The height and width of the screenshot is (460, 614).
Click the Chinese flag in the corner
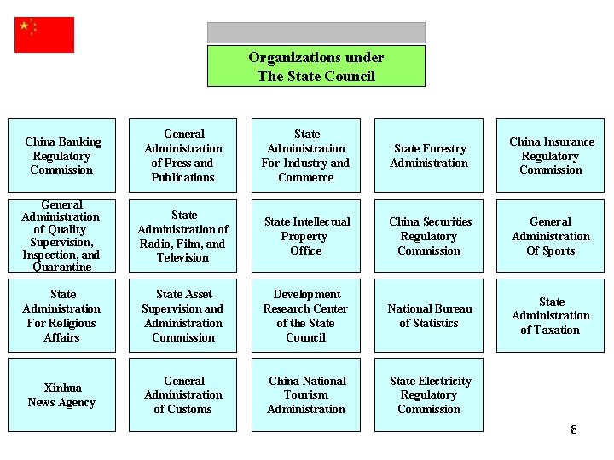[44, 35]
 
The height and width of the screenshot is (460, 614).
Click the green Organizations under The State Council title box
[316, 66]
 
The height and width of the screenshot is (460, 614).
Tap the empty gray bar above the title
[316, 32]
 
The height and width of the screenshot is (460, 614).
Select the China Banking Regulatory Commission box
[61, 155]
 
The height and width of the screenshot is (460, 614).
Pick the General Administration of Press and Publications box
[183, 155]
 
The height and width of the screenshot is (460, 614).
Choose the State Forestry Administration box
[429, 155]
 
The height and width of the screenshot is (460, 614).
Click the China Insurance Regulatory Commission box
[551, 155]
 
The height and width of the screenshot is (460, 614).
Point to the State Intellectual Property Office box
[306, 236]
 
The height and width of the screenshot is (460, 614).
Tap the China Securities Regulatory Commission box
[429, 236]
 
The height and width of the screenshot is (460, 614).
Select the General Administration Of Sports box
[551, 236]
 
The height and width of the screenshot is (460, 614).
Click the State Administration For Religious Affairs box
[61, 315]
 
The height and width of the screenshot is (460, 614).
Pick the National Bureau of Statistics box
[429, 315]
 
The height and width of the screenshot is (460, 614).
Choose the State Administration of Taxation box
[551, 315]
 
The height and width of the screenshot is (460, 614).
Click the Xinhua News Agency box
[61, 394]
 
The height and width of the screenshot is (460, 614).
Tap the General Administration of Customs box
[183, 394]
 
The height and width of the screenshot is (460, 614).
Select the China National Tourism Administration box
[306, 394]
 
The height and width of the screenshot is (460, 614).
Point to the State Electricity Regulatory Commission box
[429, 394]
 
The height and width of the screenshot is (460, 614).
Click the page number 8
[574, 429]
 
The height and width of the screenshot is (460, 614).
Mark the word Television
[182, 257]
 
